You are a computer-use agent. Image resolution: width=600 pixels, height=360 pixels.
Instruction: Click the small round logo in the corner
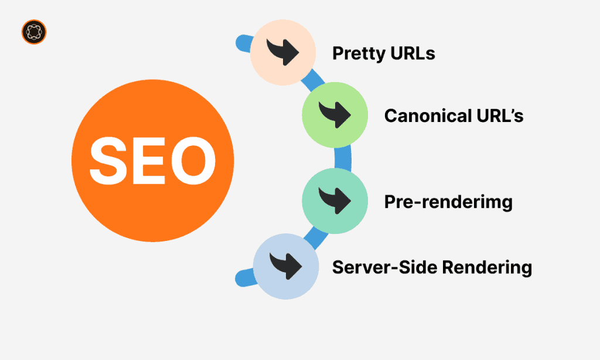(x=34, y=32)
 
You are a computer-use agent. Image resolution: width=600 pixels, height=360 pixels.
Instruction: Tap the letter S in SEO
(x=108, y=161)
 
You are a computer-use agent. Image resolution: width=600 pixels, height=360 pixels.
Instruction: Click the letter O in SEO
(x=193, y=161)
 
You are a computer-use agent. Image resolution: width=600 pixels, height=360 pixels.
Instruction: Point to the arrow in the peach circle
(x=283, y=52)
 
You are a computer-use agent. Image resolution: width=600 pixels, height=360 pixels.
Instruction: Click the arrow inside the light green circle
(x=335, y=114)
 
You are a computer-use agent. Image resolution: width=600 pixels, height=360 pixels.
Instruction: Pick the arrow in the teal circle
(x=335, y=200)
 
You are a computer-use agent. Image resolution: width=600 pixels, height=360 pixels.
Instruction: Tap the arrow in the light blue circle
(x=286, y=266)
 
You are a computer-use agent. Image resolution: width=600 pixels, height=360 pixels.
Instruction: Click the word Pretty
(x=359, y=53)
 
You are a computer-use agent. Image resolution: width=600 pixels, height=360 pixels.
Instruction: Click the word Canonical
(x=428, y=116)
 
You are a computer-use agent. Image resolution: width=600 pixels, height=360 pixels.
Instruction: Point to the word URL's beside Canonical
(x=500, y=116)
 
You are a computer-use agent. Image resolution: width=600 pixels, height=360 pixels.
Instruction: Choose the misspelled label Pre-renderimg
(x=448, y=202)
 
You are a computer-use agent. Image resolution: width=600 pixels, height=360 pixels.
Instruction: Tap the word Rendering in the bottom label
(x=487, y=268)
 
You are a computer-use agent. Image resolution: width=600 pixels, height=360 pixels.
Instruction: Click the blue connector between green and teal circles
(x=343, y=158)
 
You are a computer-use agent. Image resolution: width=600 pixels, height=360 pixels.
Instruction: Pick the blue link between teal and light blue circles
(x=316, y=237)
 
